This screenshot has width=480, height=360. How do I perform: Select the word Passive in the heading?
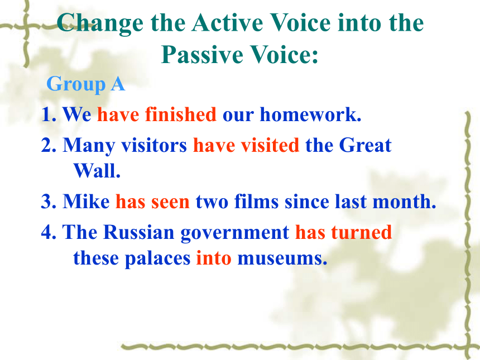[201, 55]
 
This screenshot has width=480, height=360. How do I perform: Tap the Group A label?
[86, 84]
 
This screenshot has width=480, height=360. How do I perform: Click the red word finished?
[181, 114]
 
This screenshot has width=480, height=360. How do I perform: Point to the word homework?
[310, 114]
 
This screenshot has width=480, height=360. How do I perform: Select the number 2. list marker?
[49, 145]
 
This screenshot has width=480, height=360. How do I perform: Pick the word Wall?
[97, 171]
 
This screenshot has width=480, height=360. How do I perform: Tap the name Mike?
[86, 201]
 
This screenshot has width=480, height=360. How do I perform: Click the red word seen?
[170, 202]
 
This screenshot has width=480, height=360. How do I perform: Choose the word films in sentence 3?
[256, 201]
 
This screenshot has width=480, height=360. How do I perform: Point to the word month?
[404, 201]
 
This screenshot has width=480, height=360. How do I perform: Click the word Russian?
[138, 232]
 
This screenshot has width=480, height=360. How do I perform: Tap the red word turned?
[362, 232]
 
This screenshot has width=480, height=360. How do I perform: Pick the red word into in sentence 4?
[214, 258]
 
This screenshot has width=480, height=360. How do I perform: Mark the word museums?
[282, 258]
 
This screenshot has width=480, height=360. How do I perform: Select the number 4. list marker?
[49, 232]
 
